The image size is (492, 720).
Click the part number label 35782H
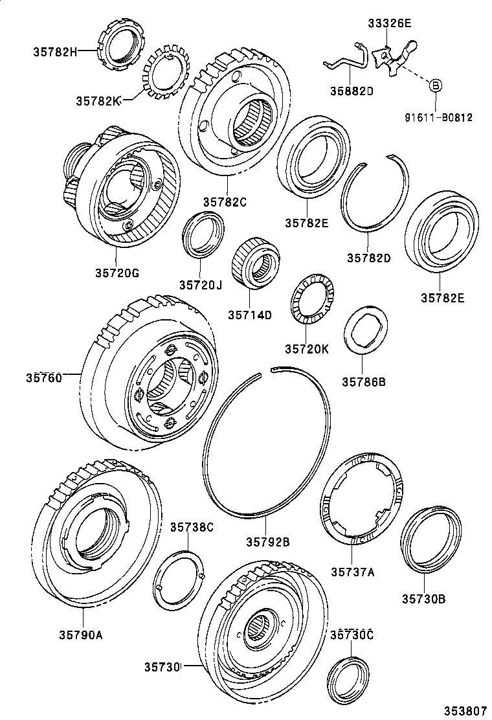tap(54, 51)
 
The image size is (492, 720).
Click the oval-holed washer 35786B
tap(363, 332)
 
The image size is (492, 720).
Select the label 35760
tap(44, 377)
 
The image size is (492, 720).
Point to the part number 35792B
tap(267, 541)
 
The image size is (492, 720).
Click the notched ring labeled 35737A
tap(361, 498)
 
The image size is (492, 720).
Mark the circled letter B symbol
tap(436, 85)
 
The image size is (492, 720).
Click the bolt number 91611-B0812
tap(439, 118)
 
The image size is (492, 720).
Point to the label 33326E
tap(390, 25)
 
